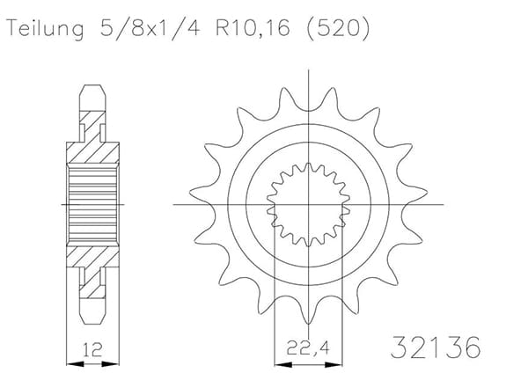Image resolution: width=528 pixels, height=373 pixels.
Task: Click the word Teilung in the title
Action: (x=45, y=29)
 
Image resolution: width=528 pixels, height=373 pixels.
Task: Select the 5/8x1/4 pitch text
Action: (x=150, y=29)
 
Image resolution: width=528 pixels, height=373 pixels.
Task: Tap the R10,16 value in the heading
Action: (x=253, y=28)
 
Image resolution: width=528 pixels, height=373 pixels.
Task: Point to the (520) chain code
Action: (x=339, y=29)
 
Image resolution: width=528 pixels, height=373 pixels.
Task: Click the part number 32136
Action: (x=436, y=347)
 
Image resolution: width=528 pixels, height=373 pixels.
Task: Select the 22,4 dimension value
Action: (x=308, y=347)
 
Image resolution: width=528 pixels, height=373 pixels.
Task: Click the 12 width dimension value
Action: (x=92, y=349)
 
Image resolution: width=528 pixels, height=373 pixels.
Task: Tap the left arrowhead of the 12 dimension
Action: (x=75, y=364)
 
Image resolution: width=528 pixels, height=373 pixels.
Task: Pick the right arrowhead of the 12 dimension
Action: (x=111, y=364)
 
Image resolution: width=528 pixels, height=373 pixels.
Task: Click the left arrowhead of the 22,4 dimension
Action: (x=283, y=364)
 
